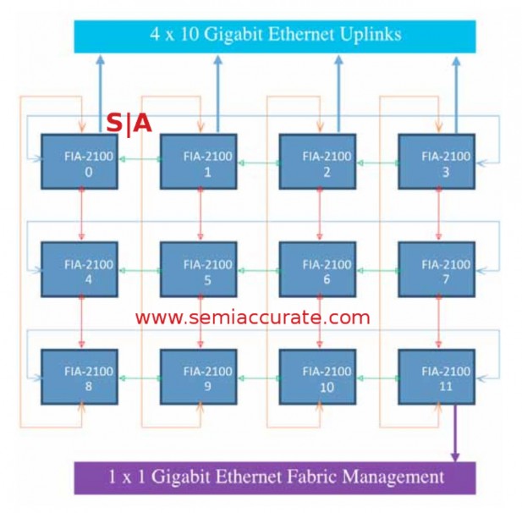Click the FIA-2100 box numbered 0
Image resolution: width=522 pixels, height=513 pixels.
[82, 162]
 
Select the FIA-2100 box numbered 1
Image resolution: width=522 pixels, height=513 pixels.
[200, 162]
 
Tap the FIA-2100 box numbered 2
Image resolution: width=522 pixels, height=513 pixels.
[319, 162]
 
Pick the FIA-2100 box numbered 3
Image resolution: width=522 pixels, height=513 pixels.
[437, 162]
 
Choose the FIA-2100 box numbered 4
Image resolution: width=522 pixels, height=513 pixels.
[82, 270]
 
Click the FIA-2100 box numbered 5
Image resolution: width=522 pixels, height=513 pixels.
[200, 270]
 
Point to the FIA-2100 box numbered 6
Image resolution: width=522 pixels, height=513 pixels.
[319, 270]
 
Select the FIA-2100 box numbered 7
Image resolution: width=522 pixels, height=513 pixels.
[437, 270]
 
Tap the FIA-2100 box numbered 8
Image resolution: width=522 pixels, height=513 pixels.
[82, 377]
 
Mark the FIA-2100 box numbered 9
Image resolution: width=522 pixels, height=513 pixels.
[200, 377]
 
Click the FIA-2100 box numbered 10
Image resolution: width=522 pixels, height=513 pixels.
[319, 377]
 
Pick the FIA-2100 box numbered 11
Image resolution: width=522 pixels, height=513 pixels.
[437, 377]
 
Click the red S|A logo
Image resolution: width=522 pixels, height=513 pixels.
[129, 124]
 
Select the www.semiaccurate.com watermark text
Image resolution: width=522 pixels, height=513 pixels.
[252, 318]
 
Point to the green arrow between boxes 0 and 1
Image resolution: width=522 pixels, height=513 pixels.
[141, 158]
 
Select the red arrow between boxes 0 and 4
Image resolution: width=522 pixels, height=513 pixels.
[82, 216]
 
